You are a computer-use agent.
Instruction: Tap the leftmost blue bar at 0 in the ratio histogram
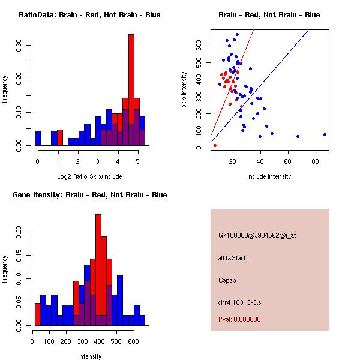click(38, 138)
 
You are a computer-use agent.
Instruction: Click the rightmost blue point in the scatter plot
click(325, 134)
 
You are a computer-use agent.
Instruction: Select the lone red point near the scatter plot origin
click(215, 145)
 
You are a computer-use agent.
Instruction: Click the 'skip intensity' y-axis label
click(185, 90)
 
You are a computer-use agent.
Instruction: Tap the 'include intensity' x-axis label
click(269, 176)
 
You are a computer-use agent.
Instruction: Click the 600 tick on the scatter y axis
click(198, 46)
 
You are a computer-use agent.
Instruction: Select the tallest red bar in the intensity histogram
click(98, 264)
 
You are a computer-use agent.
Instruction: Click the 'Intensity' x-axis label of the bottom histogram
click(89, 356)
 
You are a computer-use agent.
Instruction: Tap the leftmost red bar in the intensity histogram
click(38, 314)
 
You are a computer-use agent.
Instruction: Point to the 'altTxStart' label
click(232, 258)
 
